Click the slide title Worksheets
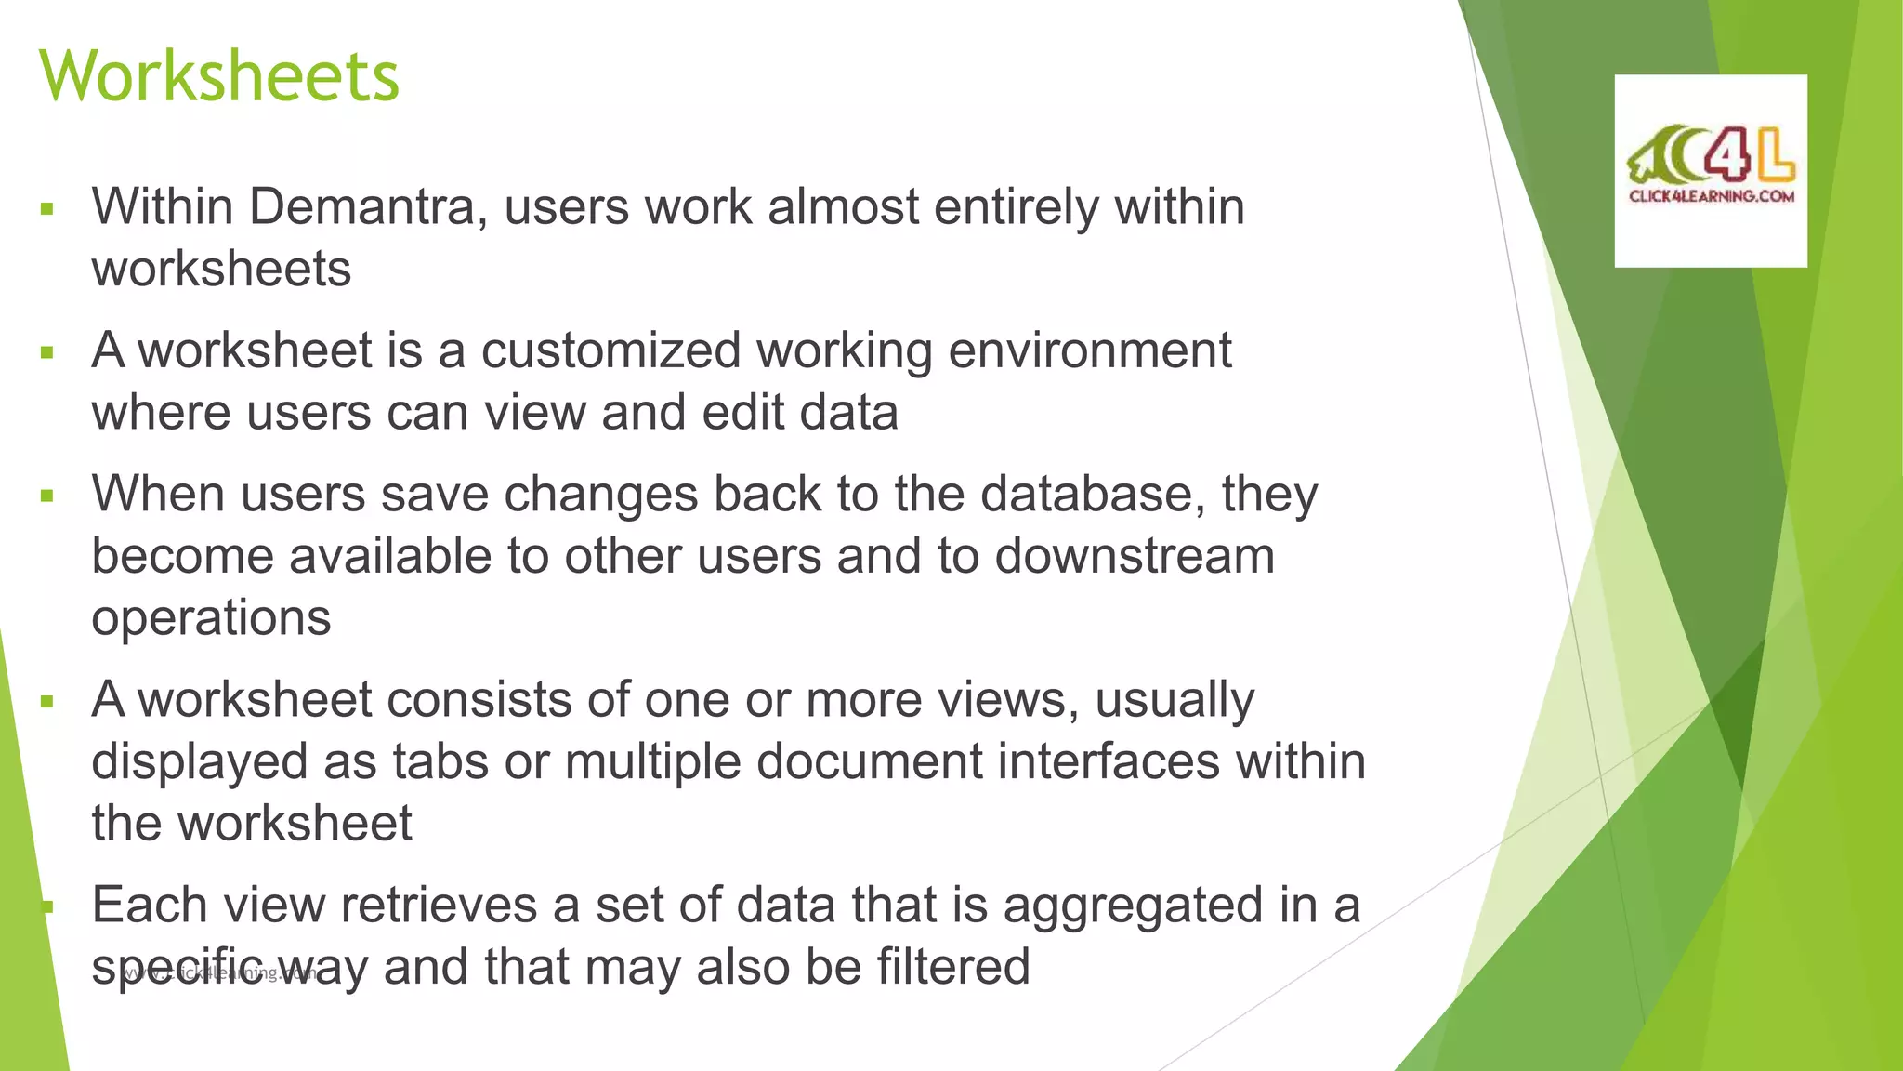(x=219, y=76)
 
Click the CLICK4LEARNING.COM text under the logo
(x=1711, y=196)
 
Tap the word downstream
(x=1135, y=556)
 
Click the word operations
(x=211, y=618)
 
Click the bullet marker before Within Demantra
(x=47, y=209)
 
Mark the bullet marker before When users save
(x=47, y=496)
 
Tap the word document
(x=869, y=761)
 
